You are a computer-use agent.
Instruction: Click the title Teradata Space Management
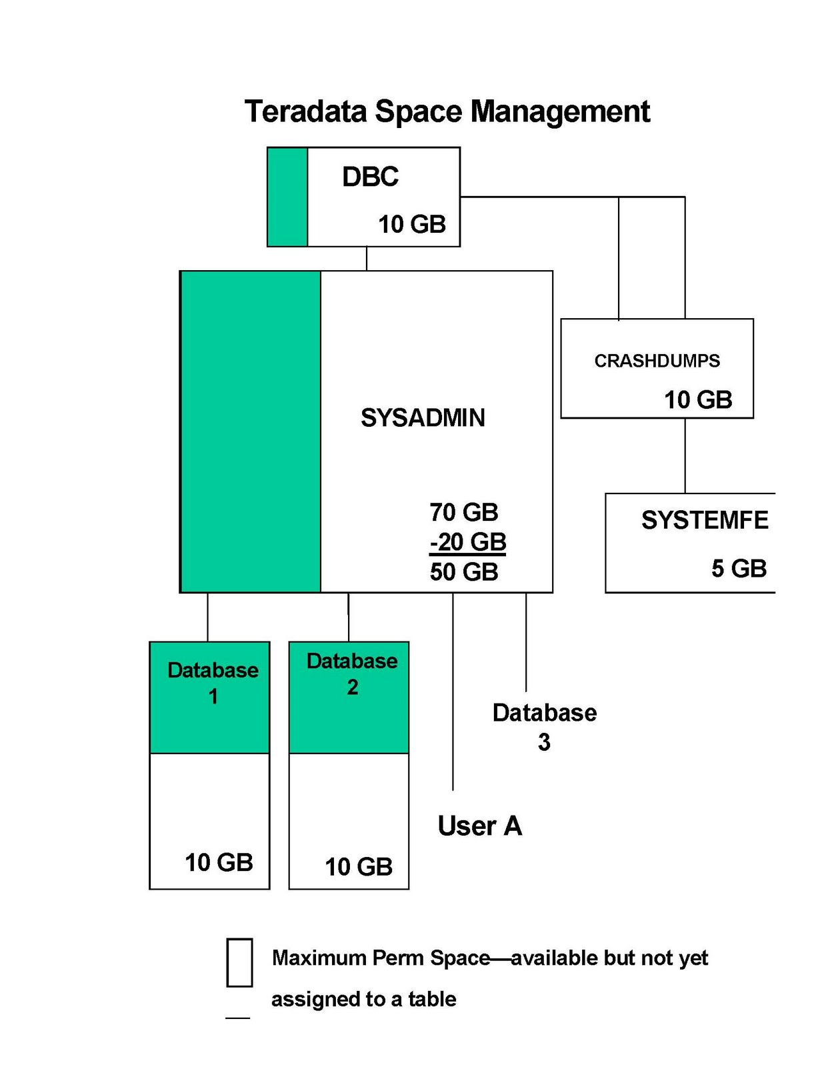coord(447,111)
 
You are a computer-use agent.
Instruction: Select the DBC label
coord(370,177)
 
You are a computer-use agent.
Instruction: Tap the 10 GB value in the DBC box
coord(411,224)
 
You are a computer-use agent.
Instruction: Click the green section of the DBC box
coord(287,197)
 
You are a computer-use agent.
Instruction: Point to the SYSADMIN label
coord(423,417)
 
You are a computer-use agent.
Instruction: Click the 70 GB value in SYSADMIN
coord(463,512)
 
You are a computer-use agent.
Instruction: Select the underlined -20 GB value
coord(467,542)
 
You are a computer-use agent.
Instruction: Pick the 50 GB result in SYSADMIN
coord(463,572)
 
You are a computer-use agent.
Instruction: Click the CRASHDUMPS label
coord(657,361)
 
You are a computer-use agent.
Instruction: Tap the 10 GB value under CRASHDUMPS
coord(698,399)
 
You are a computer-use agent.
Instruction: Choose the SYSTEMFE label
coord(704,520)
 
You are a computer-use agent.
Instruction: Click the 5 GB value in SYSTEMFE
coord(739,568)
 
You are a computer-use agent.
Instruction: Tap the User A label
coord(479,826)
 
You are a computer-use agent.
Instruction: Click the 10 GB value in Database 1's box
coord(219,862)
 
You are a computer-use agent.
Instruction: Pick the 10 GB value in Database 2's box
coord(359,866)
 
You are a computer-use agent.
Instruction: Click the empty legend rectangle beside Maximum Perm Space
coord(239,962)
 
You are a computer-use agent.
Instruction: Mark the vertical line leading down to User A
coord(453,694)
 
